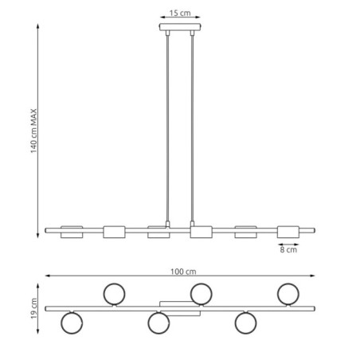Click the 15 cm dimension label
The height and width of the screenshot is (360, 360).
[x=179, y=14]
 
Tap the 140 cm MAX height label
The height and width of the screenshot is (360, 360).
[x=33, y=129]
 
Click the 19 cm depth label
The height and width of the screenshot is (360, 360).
[x=33, y=307]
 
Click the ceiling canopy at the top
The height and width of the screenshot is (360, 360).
[x=179, y=29]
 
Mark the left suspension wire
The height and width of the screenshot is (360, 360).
[x=167, y=127]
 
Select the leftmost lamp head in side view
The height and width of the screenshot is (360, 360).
[x=72, y=231]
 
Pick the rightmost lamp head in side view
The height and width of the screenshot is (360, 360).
[x=288, y=232]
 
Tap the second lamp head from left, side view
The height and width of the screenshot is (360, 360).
[x=115, y=232]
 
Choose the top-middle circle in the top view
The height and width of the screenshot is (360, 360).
[x=201, y=293]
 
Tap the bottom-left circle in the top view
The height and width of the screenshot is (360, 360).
[x=72, y=323]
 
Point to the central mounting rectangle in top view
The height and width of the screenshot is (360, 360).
[x=179, y=308]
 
